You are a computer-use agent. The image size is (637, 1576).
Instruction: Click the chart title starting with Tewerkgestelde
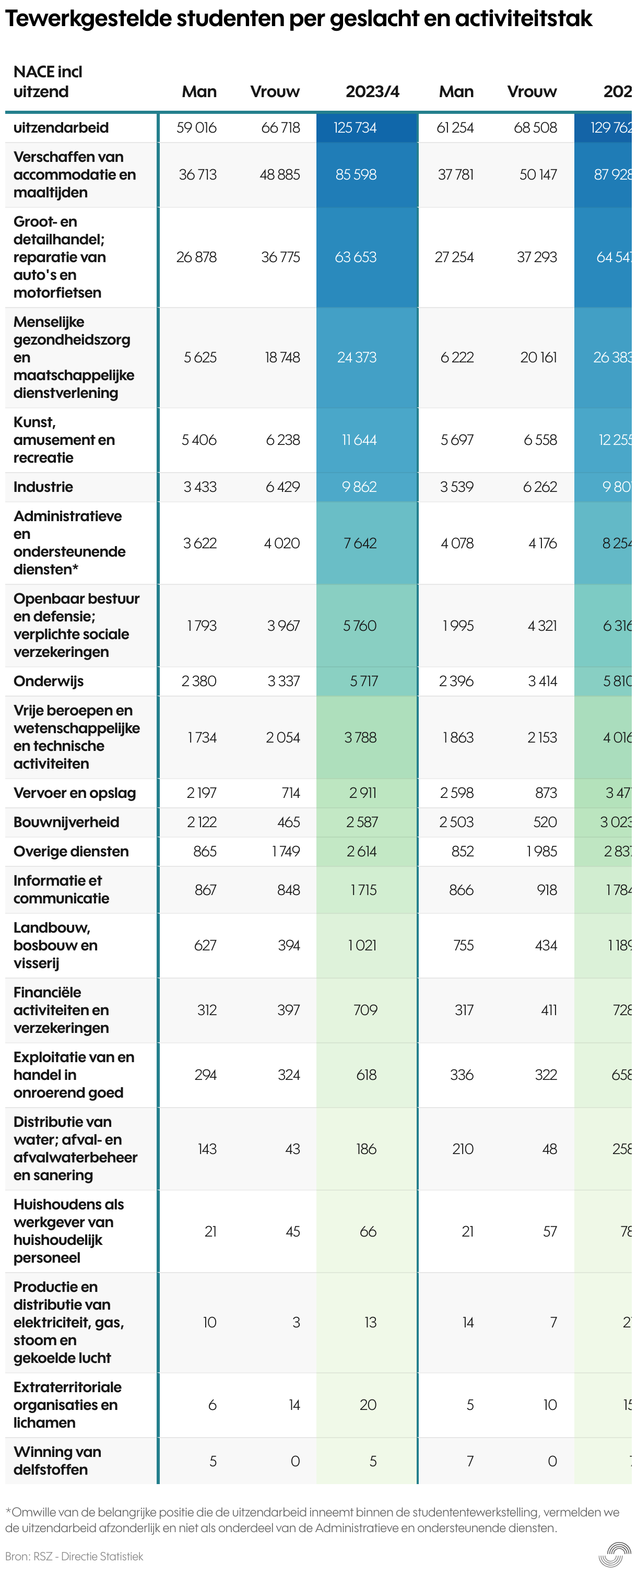(298, 19)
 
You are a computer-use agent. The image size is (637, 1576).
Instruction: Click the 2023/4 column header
(372, 92)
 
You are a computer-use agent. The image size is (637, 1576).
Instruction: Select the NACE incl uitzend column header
(48, 81)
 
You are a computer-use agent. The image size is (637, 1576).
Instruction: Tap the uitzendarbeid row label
(61, 128)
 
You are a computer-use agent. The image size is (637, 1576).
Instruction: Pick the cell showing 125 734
(355, 128)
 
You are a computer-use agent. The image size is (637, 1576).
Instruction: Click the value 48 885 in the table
(280, 175)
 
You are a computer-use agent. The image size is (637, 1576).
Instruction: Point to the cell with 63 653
(356, 257)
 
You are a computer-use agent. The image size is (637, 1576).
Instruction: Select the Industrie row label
(43, 487)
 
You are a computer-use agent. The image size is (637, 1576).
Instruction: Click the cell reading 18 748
(282, 357)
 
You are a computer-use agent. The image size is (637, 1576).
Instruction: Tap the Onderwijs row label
(49, 681)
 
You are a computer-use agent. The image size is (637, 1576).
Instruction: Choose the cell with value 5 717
(363, 681)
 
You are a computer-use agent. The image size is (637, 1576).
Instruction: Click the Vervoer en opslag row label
(75, 793)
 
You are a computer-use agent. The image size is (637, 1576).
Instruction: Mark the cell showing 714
(291, 793)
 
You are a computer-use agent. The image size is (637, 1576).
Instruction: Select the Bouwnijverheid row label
(66, 822)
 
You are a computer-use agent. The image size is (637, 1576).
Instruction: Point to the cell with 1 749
(286, 852)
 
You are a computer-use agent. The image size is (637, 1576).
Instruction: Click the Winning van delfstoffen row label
(57, 1461)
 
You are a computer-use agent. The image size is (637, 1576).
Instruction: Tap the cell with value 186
(366, 1149)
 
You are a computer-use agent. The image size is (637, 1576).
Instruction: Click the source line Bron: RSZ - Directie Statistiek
(74, 1556)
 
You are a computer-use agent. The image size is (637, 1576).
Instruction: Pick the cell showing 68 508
(535, 128)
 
